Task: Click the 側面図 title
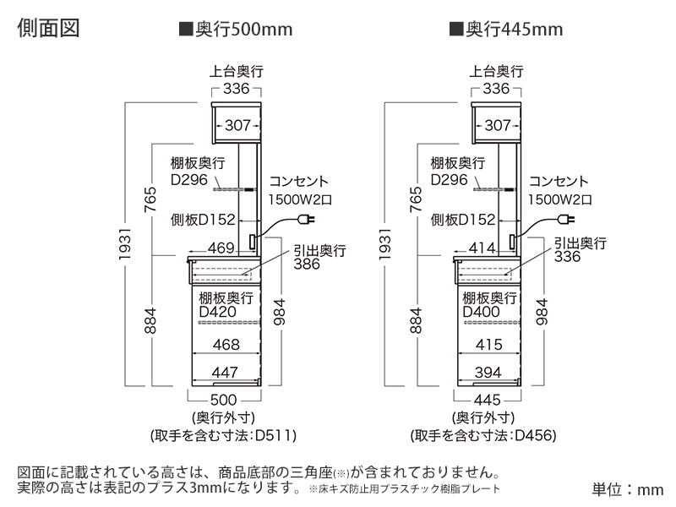(48, 28)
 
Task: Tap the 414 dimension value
(482, 248)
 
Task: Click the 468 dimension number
(225, 344)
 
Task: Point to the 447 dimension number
(225, 372)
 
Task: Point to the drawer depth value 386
(308, 264)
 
